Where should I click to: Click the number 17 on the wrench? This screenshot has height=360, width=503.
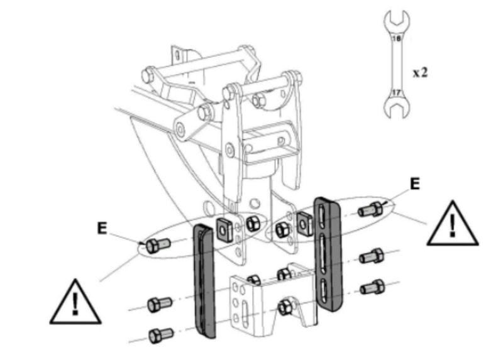point(397,92)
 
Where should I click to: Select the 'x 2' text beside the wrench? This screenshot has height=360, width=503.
point(420,72)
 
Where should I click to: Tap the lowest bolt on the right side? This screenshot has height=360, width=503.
point(372,286)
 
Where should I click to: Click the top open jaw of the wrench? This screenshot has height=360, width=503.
point(397,18)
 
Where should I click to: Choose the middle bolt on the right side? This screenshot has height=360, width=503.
point(371,256)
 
